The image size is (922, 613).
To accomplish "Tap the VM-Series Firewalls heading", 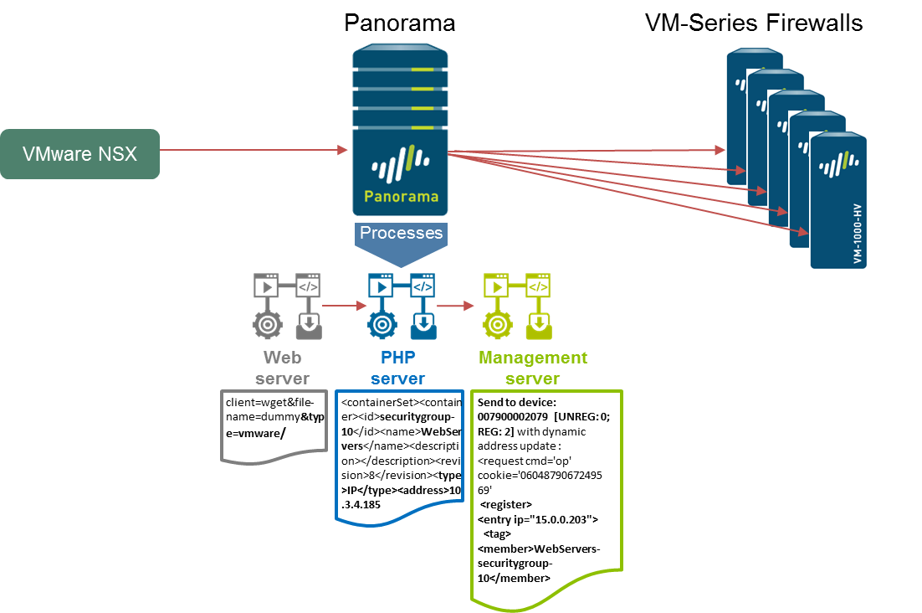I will pyautogui.click(x=754, y=23).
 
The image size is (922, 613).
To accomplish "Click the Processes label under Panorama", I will pyautogui.click(x=402, y=233).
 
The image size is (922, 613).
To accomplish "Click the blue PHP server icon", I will pyautogui.click(x=402, y=304).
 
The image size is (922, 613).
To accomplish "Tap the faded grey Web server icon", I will pyautogui.click(x=287, y=304).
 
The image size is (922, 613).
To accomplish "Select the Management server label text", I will pyautogui.click(x=533, y=368).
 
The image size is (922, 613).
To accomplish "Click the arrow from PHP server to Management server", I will pyautogui.click(x=456, y=306).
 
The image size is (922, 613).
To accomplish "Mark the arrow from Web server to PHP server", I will pyautogui.click(x=341, y=306).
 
